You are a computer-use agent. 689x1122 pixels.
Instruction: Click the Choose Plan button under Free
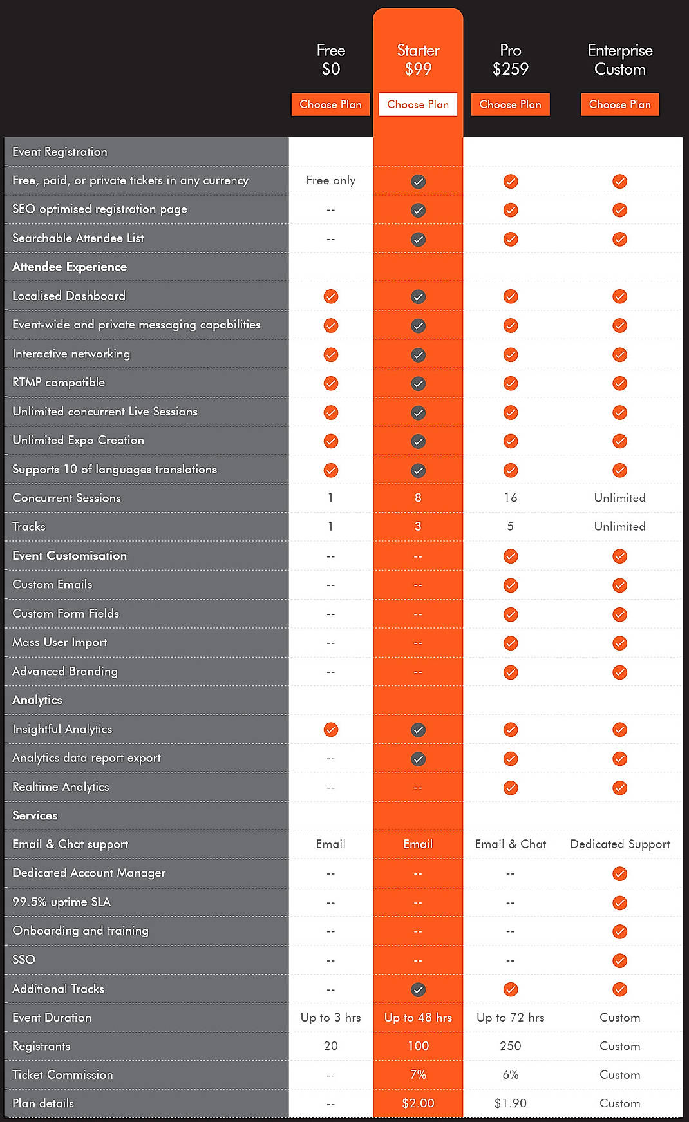(x=330, y=104)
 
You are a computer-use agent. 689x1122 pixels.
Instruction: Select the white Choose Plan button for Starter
(x=418, y=104)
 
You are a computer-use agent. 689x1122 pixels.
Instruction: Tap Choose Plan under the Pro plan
(x=510, y=104)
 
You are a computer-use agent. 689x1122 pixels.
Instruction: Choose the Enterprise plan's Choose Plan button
(x=619, y=104)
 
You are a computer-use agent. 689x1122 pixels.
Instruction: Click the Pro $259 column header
(x=510, y=60)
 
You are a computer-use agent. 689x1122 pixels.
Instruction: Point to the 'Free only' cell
(x=330, y=180)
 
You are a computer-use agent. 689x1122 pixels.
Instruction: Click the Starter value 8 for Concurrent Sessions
(x=418, y=498)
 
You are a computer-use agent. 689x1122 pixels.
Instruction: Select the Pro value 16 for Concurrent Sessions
(x=510, y=498)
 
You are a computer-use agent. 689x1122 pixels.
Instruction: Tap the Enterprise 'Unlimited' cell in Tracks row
(x=619, y=526)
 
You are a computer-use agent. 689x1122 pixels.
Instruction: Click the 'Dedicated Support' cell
(x=619, y=844)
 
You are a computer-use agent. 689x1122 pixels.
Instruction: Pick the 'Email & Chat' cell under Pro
(x=510, y=844)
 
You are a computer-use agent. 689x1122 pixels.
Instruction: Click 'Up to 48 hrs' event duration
(x=418, y=1018)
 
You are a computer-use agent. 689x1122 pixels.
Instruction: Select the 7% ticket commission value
(x=418, y=1074)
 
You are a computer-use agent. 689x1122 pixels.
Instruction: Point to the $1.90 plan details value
(x=510, y=1103)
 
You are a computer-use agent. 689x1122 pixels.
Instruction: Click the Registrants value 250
(x=510, y=1046)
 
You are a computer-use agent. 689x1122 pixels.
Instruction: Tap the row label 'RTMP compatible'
(x=59, y=383)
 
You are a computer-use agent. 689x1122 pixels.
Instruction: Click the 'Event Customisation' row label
(x=70, y=556)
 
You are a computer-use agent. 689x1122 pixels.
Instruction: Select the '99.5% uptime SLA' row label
(x=62, y=902)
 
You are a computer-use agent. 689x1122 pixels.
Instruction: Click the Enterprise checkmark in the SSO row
(x=619, y=960)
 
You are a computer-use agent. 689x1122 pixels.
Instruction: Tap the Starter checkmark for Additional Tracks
(x=418, y=989)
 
